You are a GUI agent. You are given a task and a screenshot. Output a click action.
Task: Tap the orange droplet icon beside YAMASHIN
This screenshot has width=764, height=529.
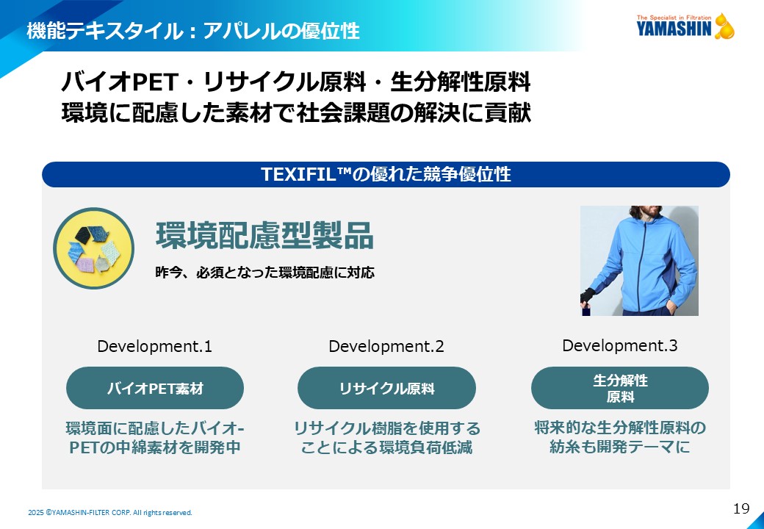click(724, 26)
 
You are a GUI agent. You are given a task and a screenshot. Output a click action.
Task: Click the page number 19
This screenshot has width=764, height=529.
click(741, 509)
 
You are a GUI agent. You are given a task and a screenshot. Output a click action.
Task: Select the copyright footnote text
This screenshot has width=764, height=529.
click(110, 512)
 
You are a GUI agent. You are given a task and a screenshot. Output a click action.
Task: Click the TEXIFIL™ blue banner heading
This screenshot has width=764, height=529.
click(386, 174)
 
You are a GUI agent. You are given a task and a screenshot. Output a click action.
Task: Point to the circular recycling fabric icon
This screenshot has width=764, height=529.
click(93, 248)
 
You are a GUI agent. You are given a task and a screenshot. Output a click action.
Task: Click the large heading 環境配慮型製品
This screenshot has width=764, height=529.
click(264, 236)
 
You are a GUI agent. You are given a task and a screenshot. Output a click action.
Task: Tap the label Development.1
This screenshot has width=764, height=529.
click(154, 346)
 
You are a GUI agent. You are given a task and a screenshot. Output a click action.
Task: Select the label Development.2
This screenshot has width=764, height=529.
click(386, 346)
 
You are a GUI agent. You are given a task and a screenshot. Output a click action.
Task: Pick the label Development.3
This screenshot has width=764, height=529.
click(620, 345)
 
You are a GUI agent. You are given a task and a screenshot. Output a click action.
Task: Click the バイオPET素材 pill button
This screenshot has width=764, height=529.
click(155, 388)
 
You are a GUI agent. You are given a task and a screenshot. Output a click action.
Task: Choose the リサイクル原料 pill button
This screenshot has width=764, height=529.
click(386, 388)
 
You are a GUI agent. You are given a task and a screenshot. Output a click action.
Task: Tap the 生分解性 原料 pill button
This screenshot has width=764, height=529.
click(620, 388)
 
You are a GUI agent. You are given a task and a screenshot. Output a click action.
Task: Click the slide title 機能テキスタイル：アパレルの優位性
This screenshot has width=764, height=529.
click(193, 31)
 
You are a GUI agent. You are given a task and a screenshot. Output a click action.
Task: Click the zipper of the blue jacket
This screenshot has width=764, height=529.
click(646, 265)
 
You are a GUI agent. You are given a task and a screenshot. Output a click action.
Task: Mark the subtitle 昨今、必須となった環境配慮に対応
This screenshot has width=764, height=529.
click(264, 273)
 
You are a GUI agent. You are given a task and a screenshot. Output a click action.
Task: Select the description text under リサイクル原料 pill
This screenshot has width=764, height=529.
click(386, 437)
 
